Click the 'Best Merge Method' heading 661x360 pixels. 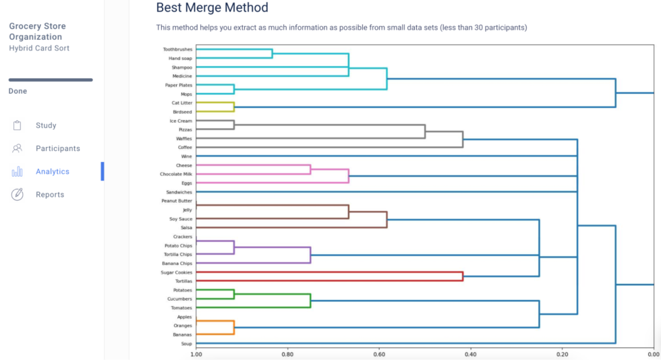212,8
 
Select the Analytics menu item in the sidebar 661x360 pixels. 52,171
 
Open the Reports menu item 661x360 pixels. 50,194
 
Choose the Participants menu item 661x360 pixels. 57,148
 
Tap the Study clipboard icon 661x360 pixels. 18,125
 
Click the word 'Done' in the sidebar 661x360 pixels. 18,91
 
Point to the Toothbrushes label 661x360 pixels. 177,49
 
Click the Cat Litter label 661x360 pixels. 181,103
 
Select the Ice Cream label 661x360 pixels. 181,121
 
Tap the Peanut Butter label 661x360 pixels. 177,201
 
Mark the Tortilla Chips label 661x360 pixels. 177,254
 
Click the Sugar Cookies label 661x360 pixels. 177,272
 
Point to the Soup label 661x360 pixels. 187,344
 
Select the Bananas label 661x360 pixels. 183,334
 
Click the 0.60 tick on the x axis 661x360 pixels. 379,354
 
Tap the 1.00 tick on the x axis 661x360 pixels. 196,354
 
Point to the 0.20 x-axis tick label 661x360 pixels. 562,354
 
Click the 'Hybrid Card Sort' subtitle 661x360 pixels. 39,48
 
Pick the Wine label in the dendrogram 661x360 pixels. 187,156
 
